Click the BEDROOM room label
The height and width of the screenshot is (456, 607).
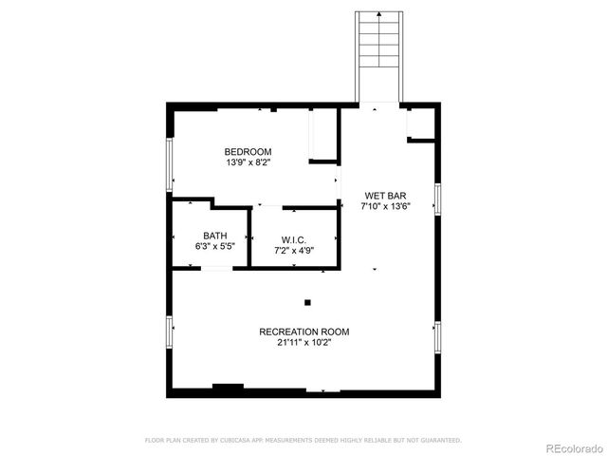pyautogui.click(x=248, y=152)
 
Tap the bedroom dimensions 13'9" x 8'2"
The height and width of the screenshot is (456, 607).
pyautogui.click(x=248, y=162)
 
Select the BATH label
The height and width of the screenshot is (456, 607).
pyautogui.click(x=214, y=236)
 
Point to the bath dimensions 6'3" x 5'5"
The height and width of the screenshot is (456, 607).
pyautogui.click(x=214, y=246)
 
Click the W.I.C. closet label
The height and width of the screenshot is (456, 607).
pyautogui.click(x=293, y=239)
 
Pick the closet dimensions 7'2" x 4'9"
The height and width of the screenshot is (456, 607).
pyautogui.click(x=293, y=250)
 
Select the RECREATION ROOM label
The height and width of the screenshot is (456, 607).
pyautogui.click(x=304, y=332)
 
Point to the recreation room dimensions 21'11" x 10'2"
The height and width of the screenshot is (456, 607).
pyautogui.click(x=304, y=342)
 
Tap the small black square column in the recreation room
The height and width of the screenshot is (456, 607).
pyautogui.click(x=307, y=303)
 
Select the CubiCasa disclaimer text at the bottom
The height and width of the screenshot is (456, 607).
pyautogui.click(x=303, y=440)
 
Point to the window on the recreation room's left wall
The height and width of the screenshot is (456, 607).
pyautogui.click(x=170, y=332)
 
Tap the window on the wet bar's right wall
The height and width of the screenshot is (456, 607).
pyautogui.click(x=437, y=199)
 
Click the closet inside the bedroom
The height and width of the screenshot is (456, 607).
pyautogui.click(x=323, y=135)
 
